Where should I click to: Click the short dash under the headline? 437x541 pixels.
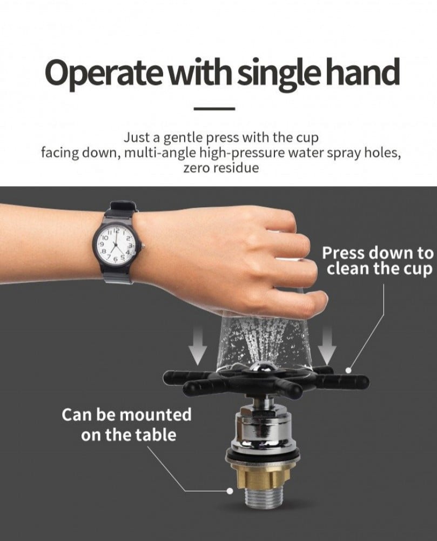point(214,109)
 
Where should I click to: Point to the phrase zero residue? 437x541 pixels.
point(220,168)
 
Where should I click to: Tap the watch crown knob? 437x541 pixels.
point(143,246)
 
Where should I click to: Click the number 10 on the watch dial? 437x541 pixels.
point(105,237)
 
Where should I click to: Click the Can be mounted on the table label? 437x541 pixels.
point(127,424)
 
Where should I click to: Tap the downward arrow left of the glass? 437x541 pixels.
point(198,345)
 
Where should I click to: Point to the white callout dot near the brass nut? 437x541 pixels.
point(230,491)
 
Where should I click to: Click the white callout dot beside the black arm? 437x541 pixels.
point(348,370)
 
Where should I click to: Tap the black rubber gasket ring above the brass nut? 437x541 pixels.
point(261,458)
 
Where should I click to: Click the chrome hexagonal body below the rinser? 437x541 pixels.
point(262,428)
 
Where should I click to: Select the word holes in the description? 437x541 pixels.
point(384,153)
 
